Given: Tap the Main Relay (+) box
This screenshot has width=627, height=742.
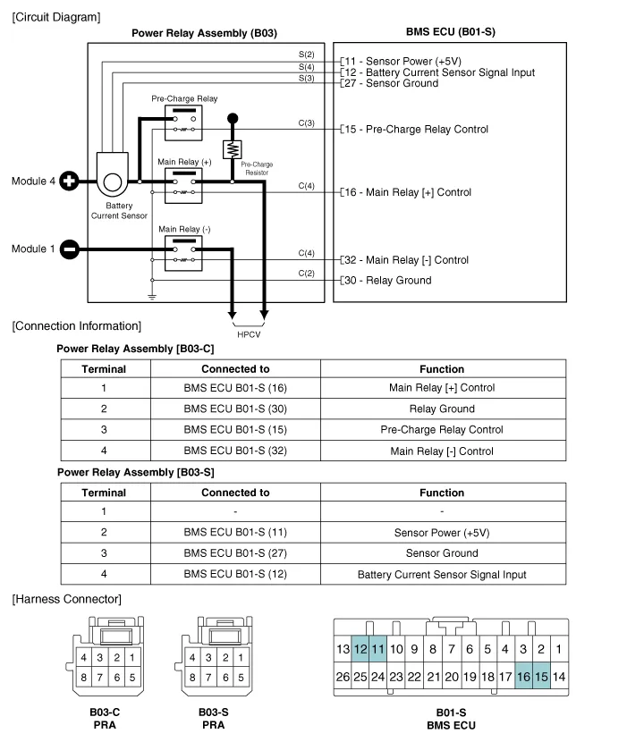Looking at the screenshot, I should [184, 186].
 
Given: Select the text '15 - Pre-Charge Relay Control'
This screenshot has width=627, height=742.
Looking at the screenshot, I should [417, 130].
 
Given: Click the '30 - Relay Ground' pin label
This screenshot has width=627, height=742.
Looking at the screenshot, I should [388, 281].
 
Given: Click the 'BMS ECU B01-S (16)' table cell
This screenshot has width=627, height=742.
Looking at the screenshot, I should [235, 388].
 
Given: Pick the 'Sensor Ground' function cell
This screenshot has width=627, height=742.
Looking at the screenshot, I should [442, 553].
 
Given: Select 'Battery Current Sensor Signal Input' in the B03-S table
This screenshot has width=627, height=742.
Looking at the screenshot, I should [442, 575].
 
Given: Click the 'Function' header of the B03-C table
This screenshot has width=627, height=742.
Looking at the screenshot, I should [442, 368].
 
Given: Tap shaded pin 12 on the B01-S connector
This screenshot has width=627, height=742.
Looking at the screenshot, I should [360, 649].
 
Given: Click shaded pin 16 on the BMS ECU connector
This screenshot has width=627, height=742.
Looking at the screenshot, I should [523, 678].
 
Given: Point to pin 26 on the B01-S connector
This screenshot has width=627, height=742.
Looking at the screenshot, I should [343, 678].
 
